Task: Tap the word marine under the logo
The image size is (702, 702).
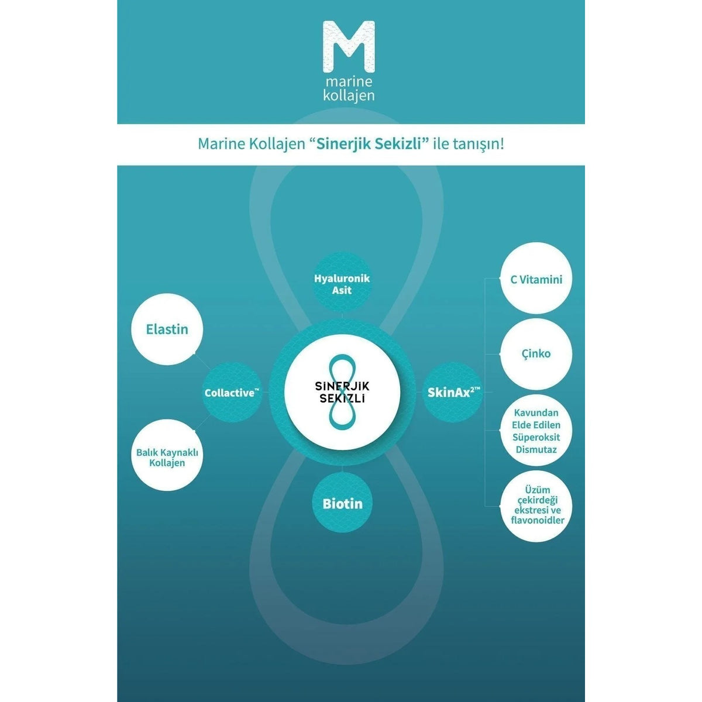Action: click(x=349, y=81)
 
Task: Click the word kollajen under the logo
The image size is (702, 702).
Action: click(x=349, y=95)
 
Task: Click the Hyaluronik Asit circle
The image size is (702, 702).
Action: click(x=342, y=284)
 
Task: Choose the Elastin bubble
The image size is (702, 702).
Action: click(x=167, y=329)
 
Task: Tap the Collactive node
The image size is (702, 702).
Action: click(x=232, y=393)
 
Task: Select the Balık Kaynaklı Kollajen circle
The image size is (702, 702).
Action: click(x=167, y=457)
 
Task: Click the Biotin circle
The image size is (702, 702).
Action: click(x=342, y=504)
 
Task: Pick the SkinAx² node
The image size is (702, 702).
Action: click(x=453, y=393)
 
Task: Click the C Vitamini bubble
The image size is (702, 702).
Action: click(x=536, y=280)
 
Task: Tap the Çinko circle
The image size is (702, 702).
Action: click(x=536, y=354)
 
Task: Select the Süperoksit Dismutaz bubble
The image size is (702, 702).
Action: click(x=536, y=430)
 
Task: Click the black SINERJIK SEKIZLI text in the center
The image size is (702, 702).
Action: click(x=342, y=392)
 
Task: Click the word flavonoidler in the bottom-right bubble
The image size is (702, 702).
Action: click(x=538, y=520)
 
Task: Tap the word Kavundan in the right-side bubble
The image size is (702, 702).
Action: click(x=536, y=413)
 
